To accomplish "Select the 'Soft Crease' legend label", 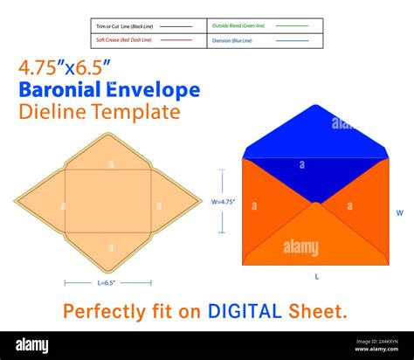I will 124,40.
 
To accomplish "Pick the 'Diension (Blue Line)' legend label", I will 233,40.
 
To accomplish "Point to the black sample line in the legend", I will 176,27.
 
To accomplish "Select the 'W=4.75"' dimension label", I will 224,201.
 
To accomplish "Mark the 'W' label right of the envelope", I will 400,212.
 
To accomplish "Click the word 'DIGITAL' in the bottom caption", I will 244,310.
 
